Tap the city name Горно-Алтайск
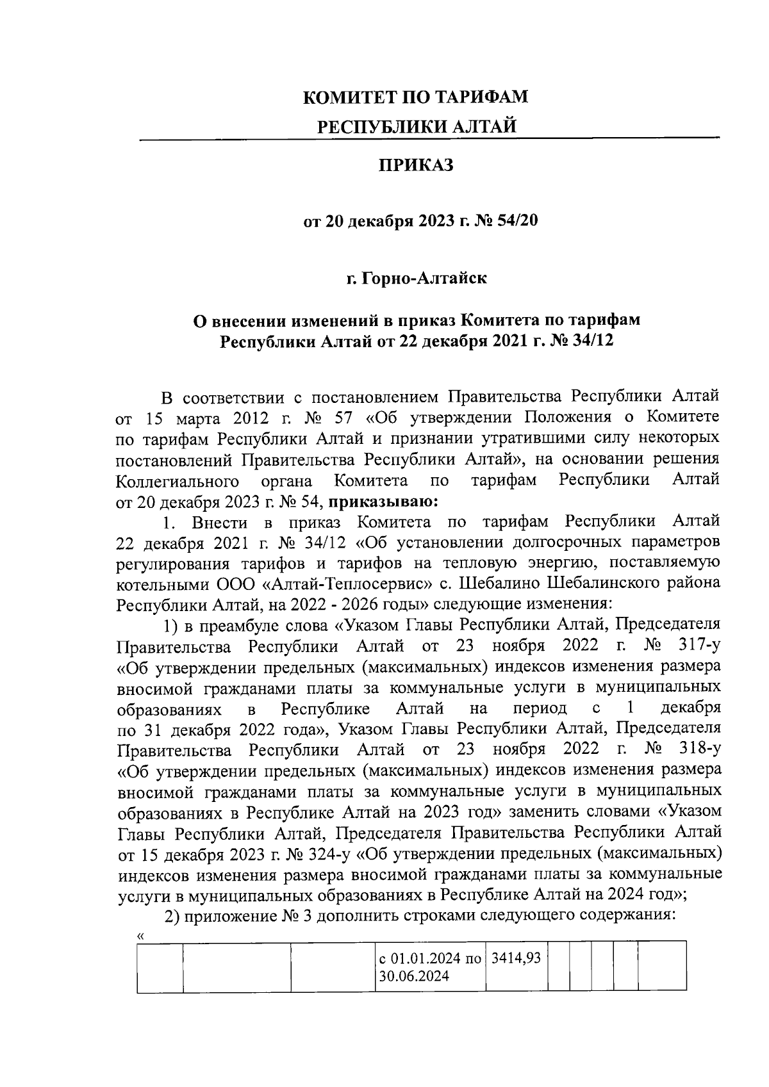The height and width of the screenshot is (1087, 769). point(424,279)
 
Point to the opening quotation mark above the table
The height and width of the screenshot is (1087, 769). point(140,936)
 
